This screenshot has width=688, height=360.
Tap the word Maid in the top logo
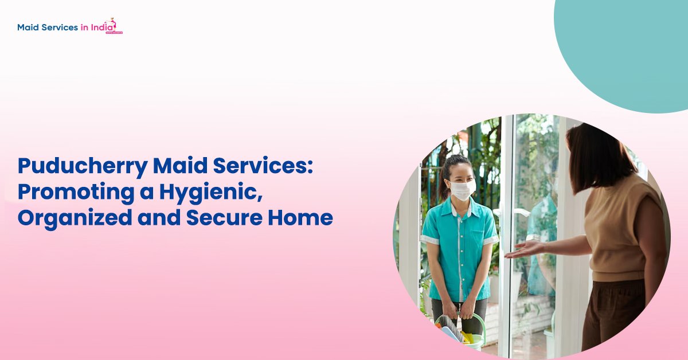(x=28, y=27)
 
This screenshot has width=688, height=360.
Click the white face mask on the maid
(x=462, y=189)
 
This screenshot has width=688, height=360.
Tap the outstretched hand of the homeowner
(x=522, y=249)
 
